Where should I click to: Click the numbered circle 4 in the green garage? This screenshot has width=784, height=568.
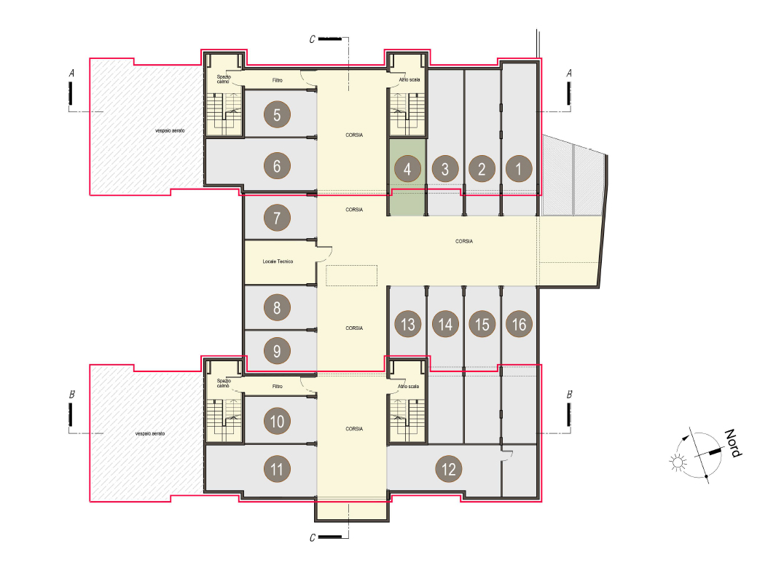click(407, 169)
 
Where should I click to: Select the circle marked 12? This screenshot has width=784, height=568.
click(449, 468)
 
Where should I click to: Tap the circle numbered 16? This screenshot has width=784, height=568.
click(519, 324)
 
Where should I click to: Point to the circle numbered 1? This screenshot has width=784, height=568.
click(519, 168)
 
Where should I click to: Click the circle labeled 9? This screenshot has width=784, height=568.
click(277, 351)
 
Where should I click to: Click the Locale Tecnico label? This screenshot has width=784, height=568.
click(278, 261)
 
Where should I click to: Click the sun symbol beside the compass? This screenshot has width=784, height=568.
click(678, 462)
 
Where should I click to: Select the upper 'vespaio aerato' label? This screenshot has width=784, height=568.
click(170, 130)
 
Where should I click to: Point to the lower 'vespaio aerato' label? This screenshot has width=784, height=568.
click(150, 433)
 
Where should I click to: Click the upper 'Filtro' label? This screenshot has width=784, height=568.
click(278, 80)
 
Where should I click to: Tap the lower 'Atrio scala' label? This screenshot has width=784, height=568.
click(409, 386)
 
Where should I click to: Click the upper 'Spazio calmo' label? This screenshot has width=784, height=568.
click(224, 79)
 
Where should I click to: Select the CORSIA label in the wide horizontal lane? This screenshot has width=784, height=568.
click(464, 241)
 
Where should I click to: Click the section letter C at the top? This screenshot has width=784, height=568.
click(313, 39)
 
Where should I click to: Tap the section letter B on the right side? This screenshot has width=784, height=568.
click(569, 394)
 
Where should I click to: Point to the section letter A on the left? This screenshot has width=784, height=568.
click(71, 74)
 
